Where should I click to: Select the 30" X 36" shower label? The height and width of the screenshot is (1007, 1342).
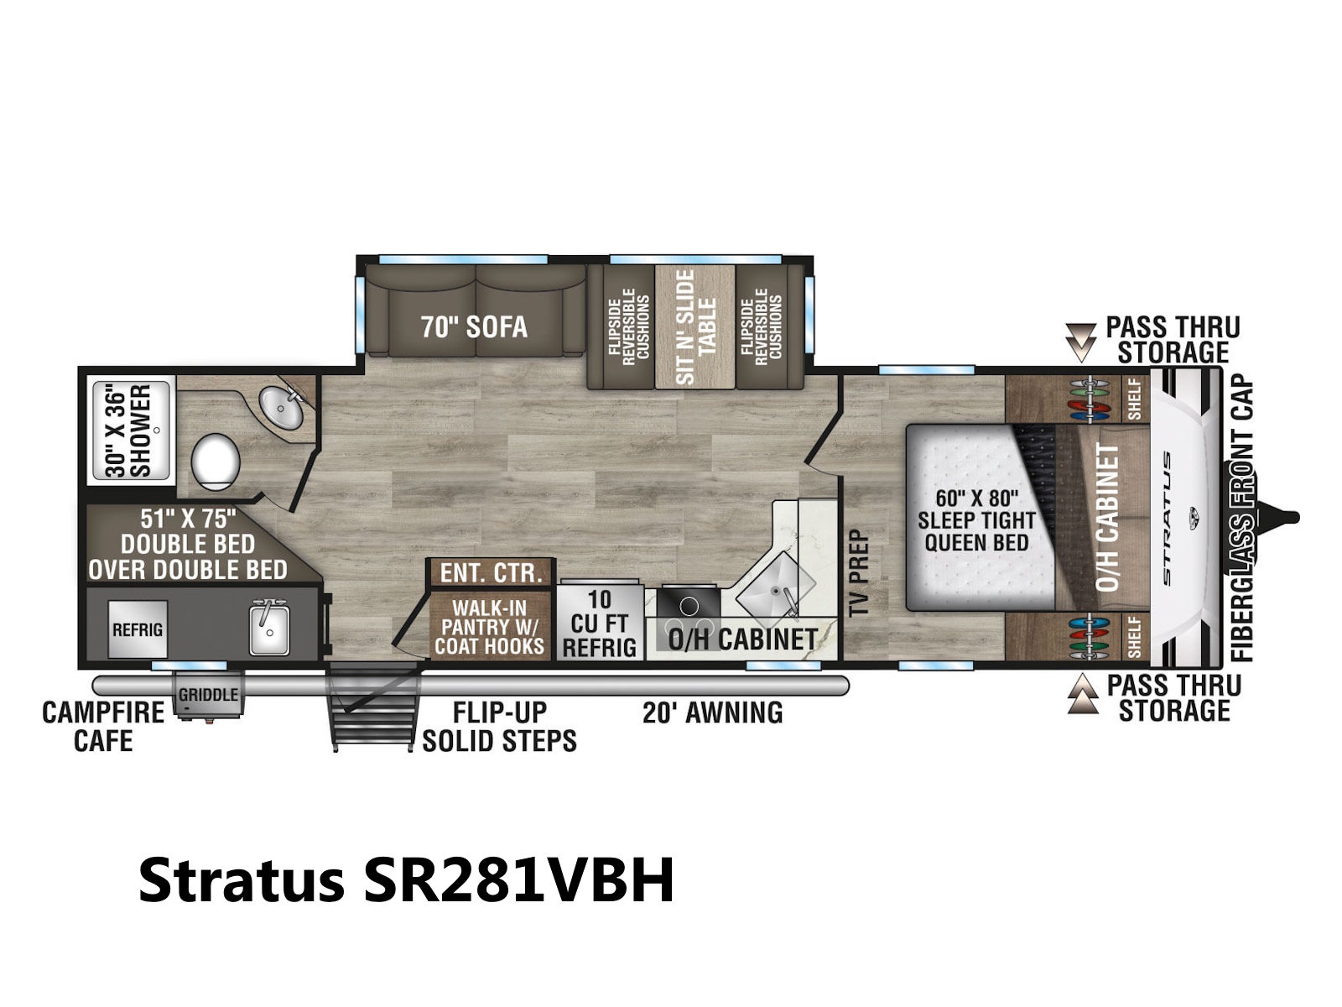[127, 431]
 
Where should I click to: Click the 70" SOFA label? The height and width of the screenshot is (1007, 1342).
[474, 327]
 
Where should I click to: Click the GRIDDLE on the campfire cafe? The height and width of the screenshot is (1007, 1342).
[209, 695]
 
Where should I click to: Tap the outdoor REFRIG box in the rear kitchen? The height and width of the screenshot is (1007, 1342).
[138, 629]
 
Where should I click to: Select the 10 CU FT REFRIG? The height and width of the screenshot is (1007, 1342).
[600, 623]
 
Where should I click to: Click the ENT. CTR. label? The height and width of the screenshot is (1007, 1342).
[492, 573]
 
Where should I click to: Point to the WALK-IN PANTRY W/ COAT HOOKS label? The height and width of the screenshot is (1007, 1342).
[490, 628]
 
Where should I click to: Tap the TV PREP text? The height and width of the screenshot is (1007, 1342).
[859, 573]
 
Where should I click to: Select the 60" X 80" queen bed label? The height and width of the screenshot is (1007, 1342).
[976, 520]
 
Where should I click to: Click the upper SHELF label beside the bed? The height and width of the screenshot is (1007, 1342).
[1135, 399]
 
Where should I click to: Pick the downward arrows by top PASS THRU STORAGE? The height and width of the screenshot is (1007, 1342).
[1080, 342]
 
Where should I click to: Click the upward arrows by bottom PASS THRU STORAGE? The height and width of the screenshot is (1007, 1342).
[1083, 694]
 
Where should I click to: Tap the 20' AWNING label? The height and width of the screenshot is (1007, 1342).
[713, 713]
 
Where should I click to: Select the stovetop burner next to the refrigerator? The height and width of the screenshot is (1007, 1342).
[689, 607]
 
